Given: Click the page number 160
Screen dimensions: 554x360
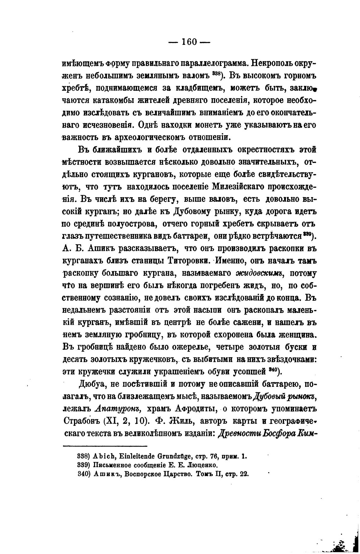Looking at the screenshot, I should click(189, 42).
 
